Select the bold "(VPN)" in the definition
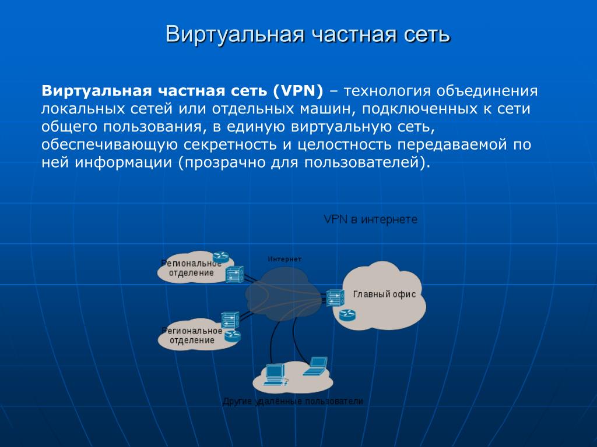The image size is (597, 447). (x=298, y=91)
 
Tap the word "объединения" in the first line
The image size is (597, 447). (x=487, y=91)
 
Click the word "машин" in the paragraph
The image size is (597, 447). (x=327, y=109)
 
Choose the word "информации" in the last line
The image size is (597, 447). (x=123, y=163)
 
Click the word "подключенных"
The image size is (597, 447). (x=420, y=109)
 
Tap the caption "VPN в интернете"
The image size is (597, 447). (x=370, y=219)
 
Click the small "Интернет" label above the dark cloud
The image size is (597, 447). (x=285, y=259)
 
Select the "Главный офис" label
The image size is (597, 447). (x=384, y=294)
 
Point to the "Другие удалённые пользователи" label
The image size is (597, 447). (x=293, y=402)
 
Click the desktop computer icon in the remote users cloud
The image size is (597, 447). (x=275, y=375)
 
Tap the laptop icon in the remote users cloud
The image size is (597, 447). (x=315, y=367)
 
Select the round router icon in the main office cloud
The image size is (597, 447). (x=347, y=315)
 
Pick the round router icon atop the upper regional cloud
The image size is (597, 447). (x=221, y=257)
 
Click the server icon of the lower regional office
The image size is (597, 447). (x=230, y=320)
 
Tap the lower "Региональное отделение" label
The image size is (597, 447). (x=192, y=336)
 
